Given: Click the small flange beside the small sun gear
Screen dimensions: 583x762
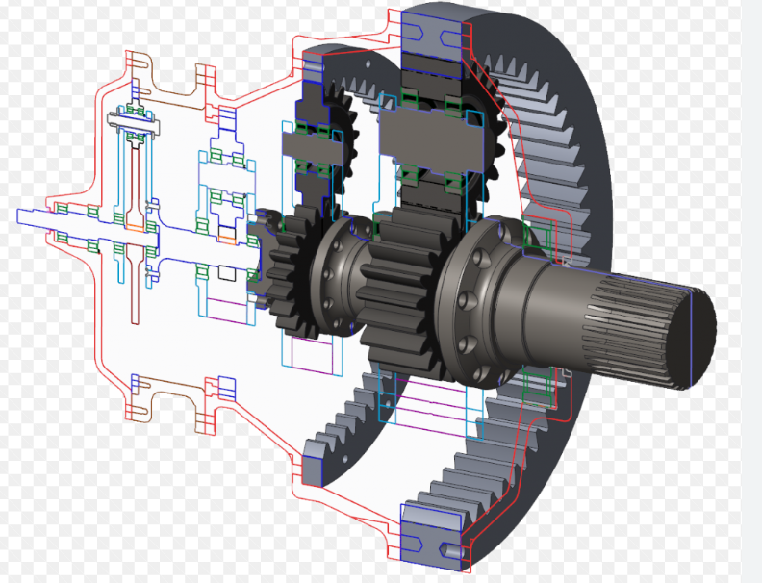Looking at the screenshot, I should tap(338, 274).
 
